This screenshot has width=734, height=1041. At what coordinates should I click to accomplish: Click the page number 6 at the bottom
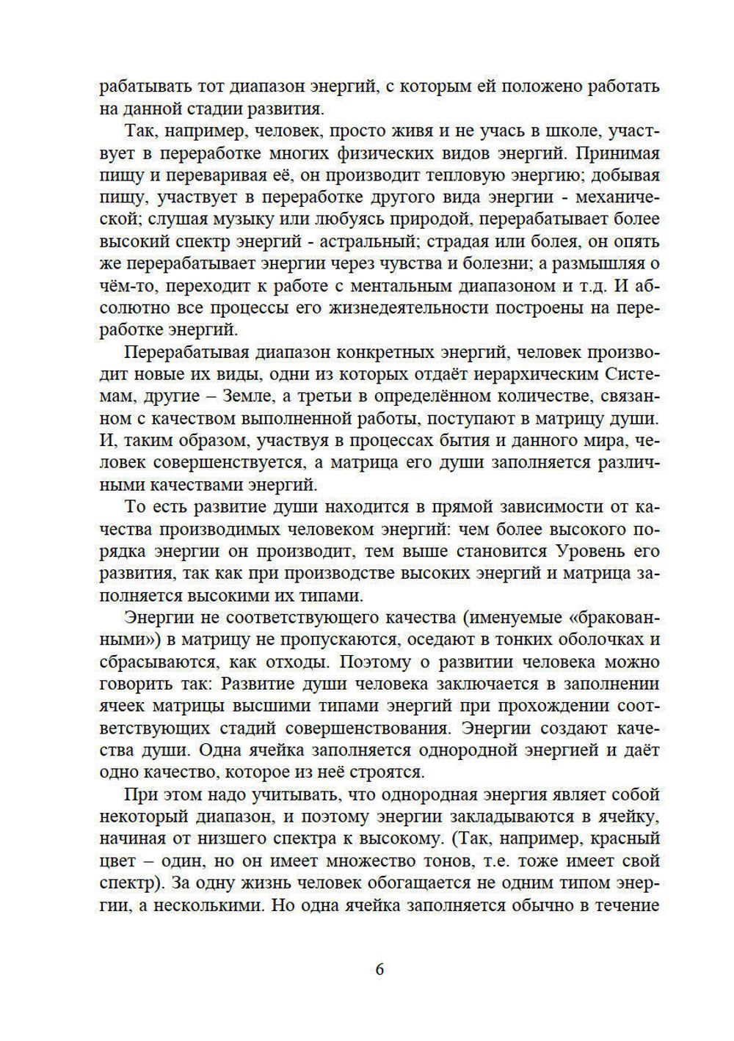pos(379,969)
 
